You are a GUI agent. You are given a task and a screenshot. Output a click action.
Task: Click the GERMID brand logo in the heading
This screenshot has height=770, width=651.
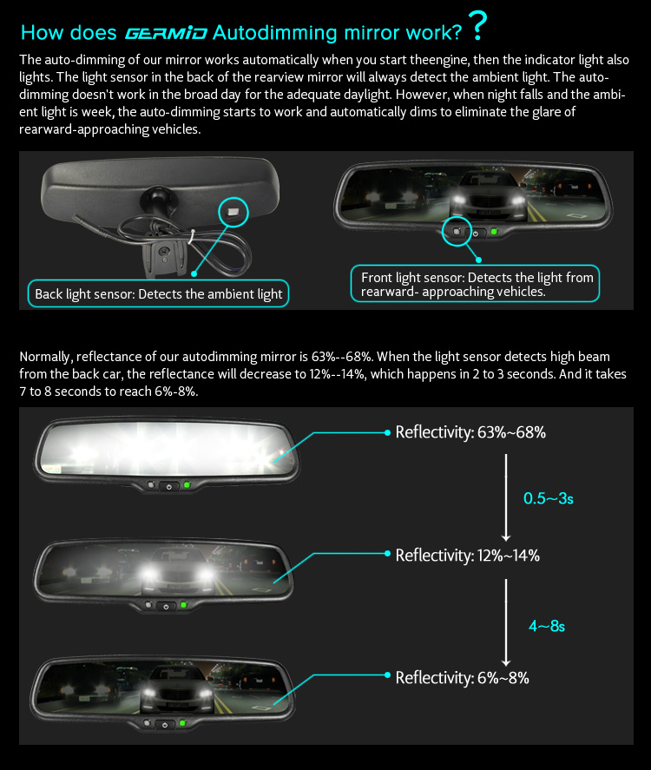pos(166,33)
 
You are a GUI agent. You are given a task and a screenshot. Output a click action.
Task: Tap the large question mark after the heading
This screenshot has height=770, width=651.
pos(477,26)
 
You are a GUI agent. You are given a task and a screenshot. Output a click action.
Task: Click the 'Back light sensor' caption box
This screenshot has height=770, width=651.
pos(158,293)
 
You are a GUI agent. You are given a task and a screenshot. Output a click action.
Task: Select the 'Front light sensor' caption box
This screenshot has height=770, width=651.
pos(476,283)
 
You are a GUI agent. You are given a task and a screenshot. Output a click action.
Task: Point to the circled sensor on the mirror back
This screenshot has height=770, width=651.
pos(233,212)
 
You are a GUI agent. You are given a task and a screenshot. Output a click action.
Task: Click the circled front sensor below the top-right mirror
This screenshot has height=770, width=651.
pos(457,232)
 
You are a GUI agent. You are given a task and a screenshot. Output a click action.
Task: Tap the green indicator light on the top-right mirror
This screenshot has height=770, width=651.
pos(494,231)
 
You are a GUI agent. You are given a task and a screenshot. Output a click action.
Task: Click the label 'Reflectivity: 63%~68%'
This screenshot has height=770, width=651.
pos(470,432)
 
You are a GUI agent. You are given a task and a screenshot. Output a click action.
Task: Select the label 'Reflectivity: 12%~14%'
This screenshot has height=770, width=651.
pos(467,556)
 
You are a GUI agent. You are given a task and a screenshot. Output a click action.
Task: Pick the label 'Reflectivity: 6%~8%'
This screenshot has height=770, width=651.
pos(462,678)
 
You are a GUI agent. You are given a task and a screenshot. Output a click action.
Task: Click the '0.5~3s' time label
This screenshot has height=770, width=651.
pos(548,498)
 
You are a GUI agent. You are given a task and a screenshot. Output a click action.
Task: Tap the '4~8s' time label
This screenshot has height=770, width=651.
pos(547,626)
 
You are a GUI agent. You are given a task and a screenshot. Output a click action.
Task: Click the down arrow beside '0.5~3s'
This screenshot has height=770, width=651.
pos(506,497)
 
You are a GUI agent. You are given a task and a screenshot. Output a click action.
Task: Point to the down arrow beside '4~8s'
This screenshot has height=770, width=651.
pos(506,622)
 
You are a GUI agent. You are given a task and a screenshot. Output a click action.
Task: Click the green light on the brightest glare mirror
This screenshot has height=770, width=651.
pos(187,485)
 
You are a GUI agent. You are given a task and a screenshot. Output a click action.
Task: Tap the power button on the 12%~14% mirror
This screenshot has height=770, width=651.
pos(166,607)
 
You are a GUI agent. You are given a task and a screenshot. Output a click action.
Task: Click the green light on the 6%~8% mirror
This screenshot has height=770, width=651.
pos(182,723)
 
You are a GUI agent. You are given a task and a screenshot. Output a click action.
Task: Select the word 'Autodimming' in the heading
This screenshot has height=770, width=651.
pos(275,33)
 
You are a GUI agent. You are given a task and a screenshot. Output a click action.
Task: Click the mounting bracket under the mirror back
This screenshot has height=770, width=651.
pos(164,255)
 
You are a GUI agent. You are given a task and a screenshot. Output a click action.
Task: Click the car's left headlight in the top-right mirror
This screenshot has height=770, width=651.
pos(458,200)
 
